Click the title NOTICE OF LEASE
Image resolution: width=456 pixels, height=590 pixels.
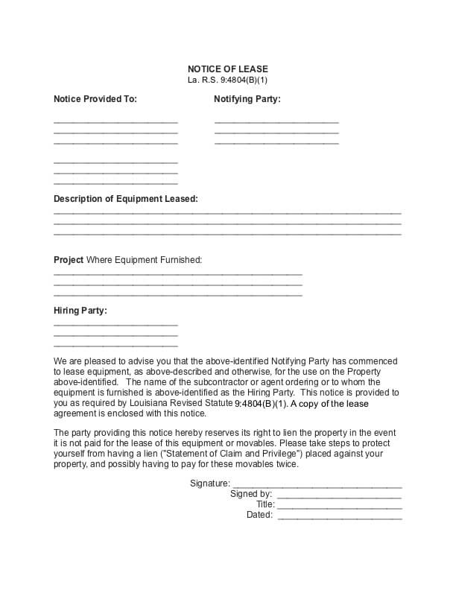(x=227, y=69)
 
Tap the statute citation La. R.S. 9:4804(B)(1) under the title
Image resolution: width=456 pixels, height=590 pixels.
(x=227, y=79)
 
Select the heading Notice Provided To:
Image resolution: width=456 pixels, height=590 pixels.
(x=95, y=98)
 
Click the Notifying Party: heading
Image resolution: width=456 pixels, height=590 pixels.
(x=247, y=98)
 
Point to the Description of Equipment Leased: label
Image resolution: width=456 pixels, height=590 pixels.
(x=126, y=199)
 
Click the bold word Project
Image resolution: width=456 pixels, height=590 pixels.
(x=69, y=260)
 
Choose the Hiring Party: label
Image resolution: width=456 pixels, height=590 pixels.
(x=80, y=310)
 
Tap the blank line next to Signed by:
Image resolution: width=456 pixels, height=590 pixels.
(x=340, y=497)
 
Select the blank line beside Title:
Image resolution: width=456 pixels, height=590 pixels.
(x=340, y=507)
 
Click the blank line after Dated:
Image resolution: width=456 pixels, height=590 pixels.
(x=340, y=518)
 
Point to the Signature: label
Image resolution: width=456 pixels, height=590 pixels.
(x=210, y=483)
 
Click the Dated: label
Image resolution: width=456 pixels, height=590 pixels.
(x=259, y=515)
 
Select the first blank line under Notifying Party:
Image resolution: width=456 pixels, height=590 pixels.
(x=276, y=121)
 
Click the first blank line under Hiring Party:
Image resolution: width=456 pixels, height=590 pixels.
(x=115, y=325)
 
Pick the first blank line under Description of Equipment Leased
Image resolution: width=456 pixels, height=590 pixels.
(x=227, y=213)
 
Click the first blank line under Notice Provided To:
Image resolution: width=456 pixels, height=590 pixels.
(x=115, y=121)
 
